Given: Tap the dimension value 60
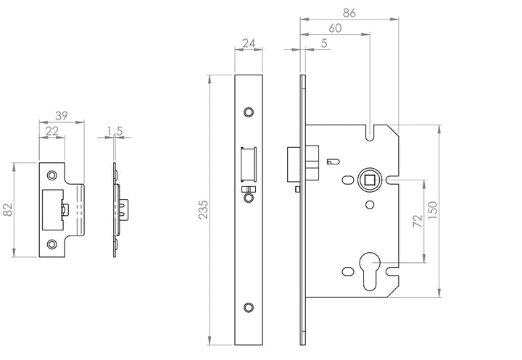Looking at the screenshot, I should (335, 28).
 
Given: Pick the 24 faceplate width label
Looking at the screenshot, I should (249, 44).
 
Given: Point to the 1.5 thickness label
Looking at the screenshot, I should (115, 130).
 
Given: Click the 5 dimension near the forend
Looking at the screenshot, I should (323, 43).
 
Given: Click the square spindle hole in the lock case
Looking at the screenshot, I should (368, 178).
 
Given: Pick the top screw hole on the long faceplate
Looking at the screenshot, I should (249, 112).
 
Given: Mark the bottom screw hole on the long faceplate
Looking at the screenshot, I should (249, 307).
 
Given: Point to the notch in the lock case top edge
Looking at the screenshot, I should (370, 133).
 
